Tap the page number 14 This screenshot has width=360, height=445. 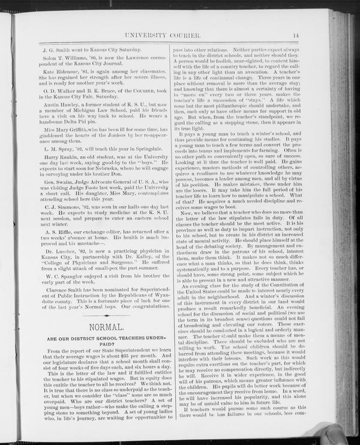point(296,36)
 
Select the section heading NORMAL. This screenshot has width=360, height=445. point(106,327)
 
